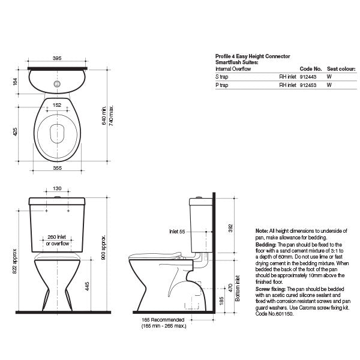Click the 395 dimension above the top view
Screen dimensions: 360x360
(57, 58)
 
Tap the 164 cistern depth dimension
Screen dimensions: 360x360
(15, 82)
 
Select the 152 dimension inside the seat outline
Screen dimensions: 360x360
(57, 105)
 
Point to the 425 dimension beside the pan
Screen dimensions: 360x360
(15, 131)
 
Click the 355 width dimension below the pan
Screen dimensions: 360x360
(58, 168)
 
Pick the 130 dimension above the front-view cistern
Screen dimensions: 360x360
(57, 188)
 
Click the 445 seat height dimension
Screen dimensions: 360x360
(87, 286)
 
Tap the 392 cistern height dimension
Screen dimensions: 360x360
(230, 228)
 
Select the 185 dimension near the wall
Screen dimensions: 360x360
(221, 301)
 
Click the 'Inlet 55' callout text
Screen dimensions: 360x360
(177, 232)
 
